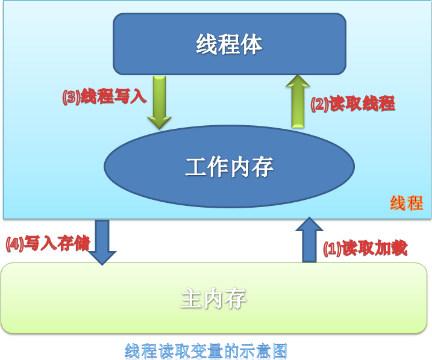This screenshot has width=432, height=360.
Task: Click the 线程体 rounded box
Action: (230, 44)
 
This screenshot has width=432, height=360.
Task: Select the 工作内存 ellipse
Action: (229, 166)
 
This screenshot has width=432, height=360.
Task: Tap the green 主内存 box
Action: (214, 298)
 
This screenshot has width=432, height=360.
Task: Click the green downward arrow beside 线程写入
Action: (160, 102)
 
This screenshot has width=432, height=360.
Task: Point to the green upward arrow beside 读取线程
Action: (298, 101)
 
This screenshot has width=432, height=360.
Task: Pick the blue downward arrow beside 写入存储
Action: (102, 242)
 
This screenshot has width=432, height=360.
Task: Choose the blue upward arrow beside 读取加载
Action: (310, 240)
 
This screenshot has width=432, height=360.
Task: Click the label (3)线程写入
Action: (104, 96)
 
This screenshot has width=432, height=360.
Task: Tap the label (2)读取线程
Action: (353, 104)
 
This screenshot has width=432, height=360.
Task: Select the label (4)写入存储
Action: (48, 243)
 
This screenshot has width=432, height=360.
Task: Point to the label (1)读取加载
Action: (365, 248)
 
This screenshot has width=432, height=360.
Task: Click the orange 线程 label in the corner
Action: (406, 203)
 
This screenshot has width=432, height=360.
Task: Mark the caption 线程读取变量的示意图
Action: (206, 351)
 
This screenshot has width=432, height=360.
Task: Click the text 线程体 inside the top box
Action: (229, 44)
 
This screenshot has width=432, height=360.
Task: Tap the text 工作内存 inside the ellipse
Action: (229, 167)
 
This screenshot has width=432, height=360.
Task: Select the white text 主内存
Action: (213, 299)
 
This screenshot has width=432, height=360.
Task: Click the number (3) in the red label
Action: (71, 97)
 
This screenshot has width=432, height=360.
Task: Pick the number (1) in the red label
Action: (332, 249)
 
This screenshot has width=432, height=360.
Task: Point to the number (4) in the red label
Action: (15, 244)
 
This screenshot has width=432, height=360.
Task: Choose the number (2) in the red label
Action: (319, 104)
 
